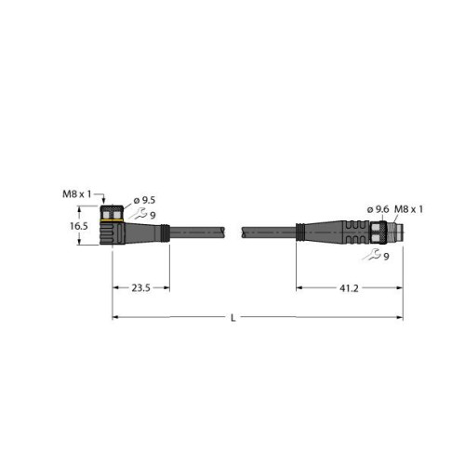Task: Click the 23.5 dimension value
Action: pos(140,288)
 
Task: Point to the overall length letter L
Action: pos(233,319)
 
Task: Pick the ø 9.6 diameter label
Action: pos(377,208)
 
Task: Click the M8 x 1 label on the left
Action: pos(77,193)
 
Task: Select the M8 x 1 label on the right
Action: pos(409,208)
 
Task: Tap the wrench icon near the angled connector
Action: pos(139,215)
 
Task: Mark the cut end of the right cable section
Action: pos(246,232)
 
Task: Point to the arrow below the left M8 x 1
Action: pos(102,200)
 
